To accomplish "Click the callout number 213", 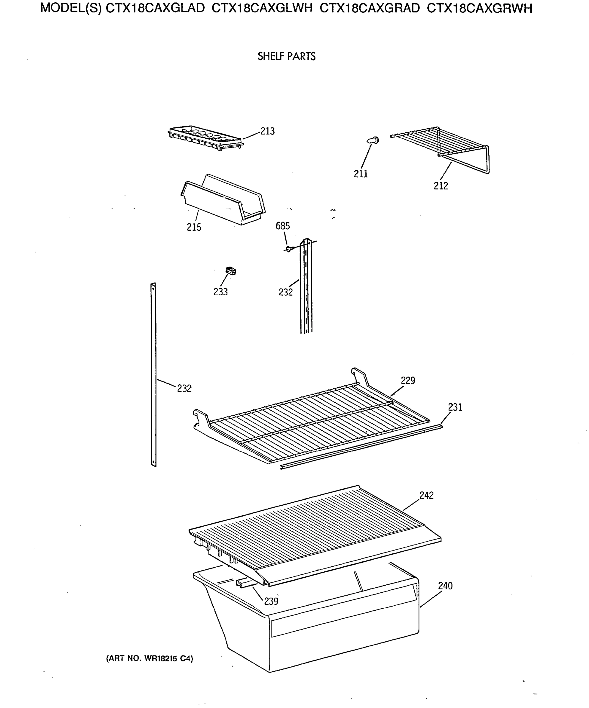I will tap(268, 131).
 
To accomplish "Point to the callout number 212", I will tap(441, 186).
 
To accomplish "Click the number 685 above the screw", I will tap(282, 226).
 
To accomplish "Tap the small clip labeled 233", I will tap(231, 271).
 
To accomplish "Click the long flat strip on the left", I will tap(153, 374).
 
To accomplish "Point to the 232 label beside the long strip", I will tap(184, 389).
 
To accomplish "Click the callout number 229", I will tap(408, 381).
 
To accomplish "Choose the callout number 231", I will tap(455, 407).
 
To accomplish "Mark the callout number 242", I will tap(426, 495).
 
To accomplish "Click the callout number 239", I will tap(271, 602).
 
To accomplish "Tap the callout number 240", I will tap(445, 586).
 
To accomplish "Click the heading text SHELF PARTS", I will tap(287, 56).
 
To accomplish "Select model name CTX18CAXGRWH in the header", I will tap(479, 8).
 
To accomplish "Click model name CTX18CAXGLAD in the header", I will tap(155, 8).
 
